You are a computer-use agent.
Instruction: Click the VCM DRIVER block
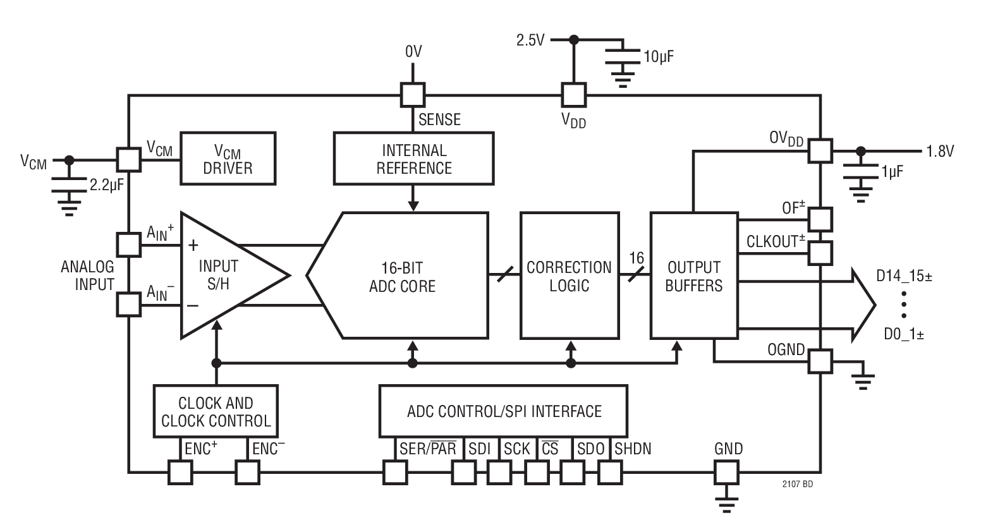[x=228, y=159]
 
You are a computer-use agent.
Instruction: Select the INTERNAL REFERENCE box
[x=413, y=159]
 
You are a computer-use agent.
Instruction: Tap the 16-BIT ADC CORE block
[x=403, y=276]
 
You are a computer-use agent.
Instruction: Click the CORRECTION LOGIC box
[x=569, y=276]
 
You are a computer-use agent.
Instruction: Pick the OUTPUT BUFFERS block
[x=693, y=276]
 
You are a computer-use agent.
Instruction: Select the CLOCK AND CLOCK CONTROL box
[x=216, y=411]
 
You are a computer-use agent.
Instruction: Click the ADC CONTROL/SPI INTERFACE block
[x=503, y=411]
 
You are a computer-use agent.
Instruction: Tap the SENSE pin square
[x=413, y=95]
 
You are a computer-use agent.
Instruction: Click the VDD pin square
[x=574, y=95]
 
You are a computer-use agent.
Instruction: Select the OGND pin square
[x=820, y=361]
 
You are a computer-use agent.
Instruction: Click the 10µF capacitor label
[x=658, y=56]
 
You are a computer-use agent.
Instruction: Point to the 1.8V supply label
[x=940, y=151]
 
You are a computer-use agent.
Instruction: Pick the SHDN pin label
[x=633, y=449]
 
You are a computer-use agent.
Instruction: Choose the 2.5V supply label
[x=530, y=40]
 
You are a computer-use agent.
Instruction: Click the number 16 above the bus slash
[x=637, y=258]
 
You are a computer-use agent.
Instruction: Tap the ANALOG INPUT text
[x=87, y=275]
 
